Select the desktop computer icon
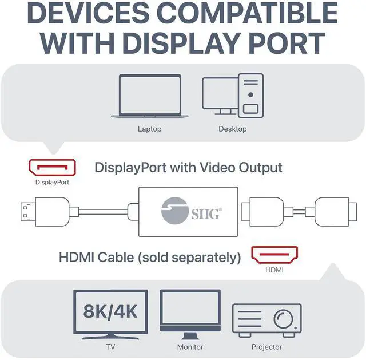[233, 95]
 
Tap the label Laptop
[150, 129]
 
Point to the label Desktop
[233, 129]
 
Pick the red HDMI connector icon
[275, 255]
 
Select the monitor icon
[190, 313]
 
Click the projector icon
[266, 321]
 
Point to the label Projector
[266, 347]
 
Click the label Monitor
[190, 347]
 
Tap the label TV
[110, 347]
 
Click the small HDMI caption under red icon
[275, 270]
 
